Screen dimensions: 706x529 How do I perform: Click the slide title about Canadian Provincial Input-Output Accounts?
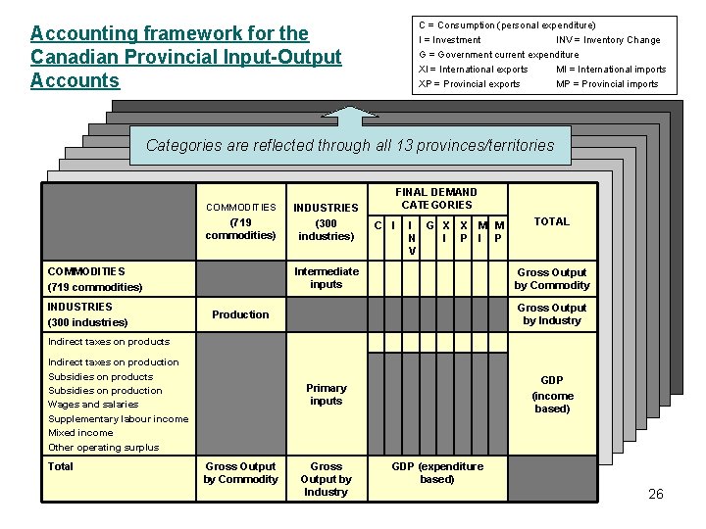185,58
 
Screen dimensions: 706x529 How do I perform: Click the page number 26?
656,494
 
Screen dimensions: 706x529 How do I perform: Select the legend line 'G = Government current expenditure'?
498,55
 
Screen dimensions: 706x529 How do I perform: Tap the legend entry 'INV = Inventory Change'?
608,40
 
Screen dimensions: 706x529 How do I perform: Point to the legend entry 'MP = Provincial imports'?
607,84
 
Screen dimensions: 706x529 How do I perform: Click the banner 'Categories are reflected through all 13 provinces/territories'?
350,146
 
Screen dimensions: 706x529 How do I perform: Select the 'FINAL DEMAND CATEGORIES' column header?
436,199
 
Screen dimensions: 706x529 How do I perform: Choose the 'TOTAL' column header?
551,221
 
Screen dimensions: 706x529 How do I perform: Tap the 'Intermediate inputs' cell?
327,278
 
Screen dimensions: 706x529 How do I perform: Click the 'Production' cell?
240,314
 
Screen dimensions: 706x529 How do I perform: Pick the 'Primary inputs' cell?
327,394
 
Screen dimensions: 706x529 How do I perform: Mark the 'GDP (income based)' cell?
552,395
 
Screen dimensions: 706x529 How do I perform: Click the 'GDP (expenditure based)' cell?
437,473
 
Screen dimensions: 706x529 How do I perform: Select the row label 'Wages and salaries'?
93,405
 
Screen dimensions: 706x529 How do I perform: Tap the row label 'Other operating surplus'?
103,448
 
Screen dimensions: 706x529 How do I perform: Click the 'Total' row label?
61,466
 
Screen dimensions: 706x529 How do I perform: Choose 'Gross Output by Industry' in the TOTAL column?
552,314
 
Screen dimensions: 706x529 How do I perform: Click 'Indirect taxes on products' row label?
109,342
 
